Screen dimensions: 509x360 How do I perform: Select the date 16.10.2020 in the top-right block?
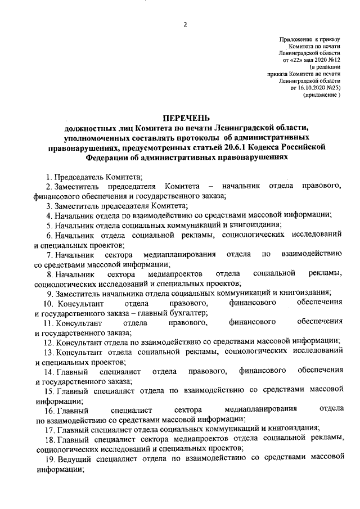tap(312, 88)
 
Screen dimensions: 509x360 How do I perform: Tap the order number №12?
tap(335, 59)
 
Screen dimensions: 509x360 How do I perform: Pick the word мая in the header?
tap(311, 59)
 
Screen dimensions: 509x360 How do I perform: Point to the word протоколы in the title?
tap(214, 137)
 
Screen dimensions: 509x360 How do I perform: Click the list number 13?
tap(48, 352)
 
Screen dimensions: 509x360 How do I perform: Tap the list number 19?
tap(48, 459)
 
